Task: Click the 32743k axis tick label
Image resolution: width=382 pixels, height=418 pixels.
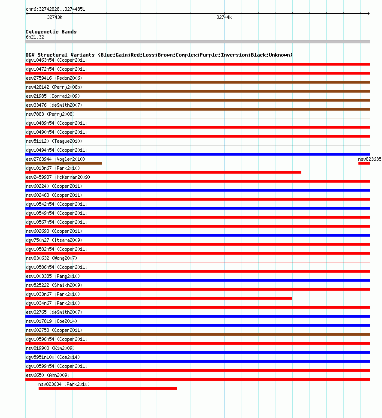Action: tap(55, 18)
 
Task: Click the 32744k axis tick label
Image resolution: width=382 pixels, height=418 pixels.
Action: tap(224, 18)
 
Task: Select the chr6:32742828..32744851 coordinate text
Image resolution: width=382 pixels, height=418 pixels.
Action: tap(55, 9)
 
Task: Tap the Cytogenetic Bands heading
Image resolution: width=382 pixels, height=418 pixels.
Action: tap(51, 32)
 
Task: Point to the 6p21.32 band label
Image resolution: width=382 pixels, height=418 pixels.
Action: tap(35, 37)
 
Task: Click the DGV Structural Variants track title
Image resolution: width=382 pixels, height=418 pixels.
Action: tap(159, 55)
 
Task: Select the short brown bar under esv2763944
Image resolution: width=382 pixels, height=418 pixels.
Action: tap(64, 163)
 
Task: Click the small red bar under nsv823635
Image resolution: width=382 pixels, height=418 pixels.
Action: tap(364, 163)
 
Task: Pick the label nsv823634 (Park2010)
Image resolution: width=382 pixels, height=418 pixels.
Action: tap(64, 384)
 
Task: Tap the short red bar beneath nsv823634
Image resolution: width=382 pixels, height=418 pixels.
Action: tap(107, 388)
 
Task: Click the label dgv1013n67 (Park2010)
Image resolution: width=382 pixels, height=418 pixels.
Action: tap(53, 168)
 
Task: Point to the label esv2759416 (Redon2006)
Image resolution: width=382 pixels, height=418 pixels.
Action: tap(54, 78)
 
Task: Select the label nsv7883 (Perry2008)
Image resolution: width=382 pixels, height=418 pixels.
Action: tap(50, 114)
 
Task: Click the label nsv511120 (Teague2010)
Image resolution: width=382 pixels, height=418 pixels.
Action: tap(54, 141)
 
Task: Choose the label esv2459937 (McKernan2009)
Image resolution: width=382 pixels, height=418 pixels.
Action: tap(58, 177)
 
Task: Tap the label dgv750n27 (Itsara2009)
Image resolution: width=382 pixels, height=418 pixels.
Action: tap(54, 240)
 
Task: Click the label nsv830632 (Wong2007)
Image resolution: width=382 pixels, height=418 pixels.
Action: tap(52, 258)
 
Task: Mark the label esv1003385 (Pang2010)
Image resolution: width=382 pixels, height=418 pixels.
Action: tap(53, 276)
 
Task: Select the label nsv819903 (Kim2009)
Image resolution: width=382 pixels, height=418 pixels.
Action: tap(50, 348)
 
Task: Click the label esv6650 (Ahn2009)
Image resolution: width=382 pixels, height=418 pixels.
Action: tap(48, 375)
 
